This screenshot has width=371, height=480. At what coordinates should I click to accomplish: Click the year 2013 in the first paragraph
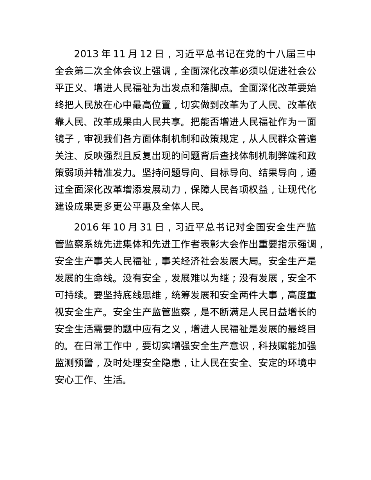point(86,53)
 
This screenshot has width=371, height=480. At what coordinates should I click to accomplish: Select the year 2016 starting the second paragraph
point(86,226)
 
